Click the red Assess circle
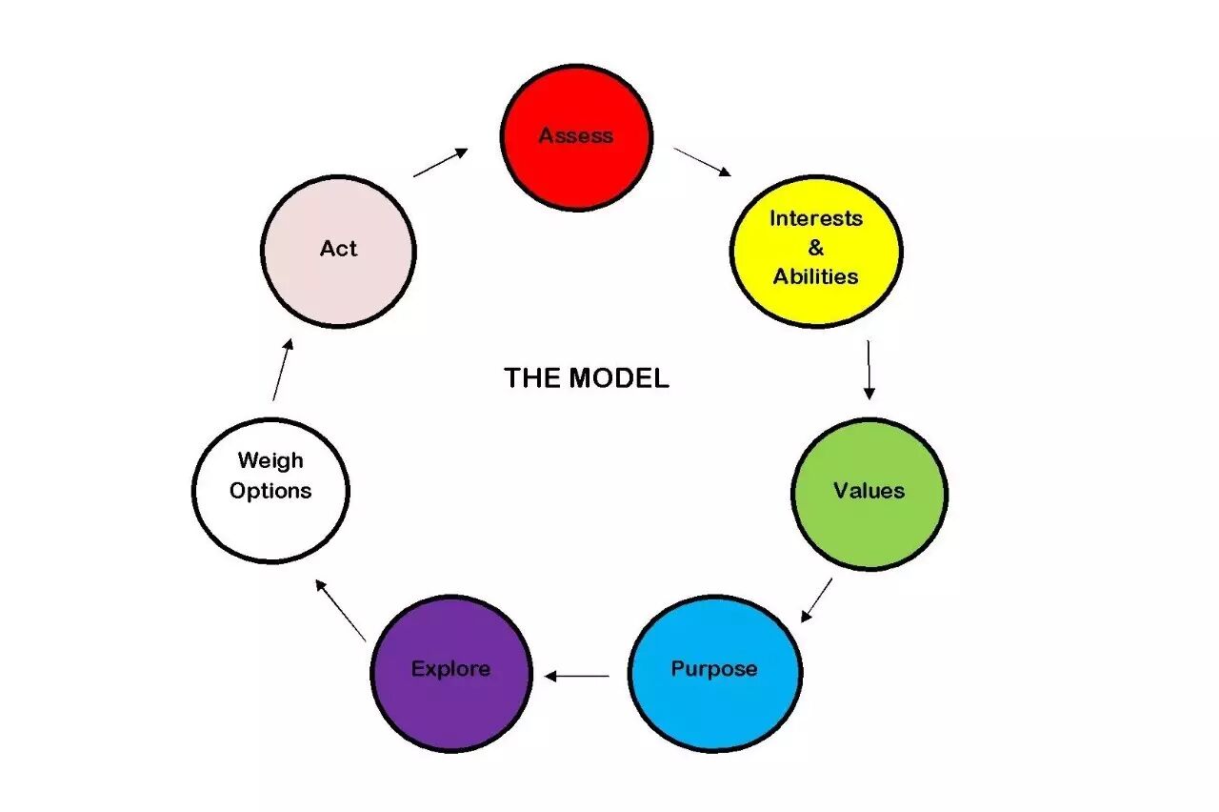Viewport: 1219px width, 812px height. pos(576,136)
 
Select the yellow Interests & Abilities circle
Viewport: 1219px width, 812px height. pos(815,250)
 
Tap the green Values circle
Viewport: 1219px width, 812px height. pos(869,493)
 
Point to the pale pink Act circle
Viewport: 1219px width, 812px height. pos(338,251)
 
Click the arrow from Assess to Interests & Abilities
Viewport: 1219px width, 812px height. pos(702,161)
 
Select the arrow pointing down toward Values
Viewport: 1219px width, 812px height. pos(869,369)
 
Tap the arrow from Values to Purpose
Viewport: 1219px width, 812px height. pos(816,599)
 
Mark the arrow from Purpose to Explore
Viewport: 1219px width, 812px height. pos(577,677)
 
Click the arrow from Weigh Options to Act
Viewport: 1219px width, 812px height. pos(283,369)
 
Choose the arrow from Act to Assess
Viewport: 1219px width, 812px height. pos(440,162)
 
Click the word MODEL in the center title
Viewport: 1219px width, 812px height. pos(619,378)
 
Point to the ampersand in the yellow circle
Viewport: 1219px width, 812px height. pos(815,249)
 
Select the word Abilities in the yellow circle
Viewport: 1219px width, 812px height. pos(815,277)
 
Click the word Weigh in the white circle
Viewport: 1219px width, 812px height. pos(270,461)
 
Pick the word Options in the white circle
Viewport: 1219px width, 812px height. pos(270,492)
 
